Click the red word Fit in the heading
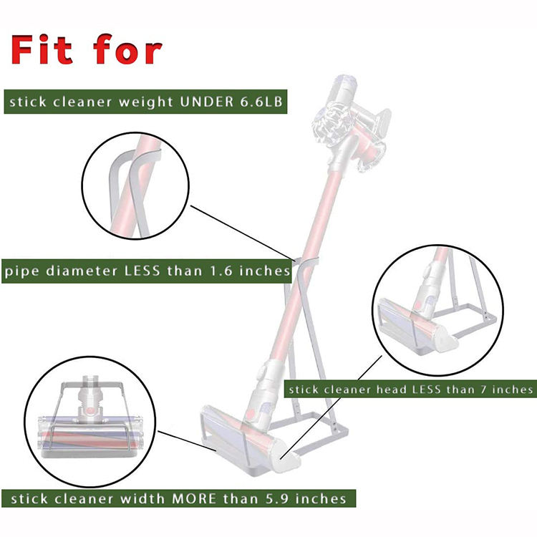pyautogui.click(x=42, y=49)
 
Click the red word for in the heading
pyautogui.click(x=127, y=49)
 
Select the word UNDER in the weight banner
pyautogui.click(x=206, y=102)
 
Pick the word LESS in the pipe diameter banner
pyautogui.click(x=142, y=271)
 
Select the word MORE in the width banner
pyautogui.click(x=194, y=498)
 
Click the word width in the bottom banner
pyautogui.click(x=142, y=498)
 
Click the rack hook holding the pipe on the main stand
pyautogui.click(x=306, y=262)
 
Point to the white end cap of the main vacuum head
pyautogui.click(x=286, y=460)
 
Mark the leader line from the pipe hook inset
pyautogui.click(x=242, y=232)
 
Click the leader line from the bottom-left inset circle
pyautogui.click(x=187, y=442)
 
